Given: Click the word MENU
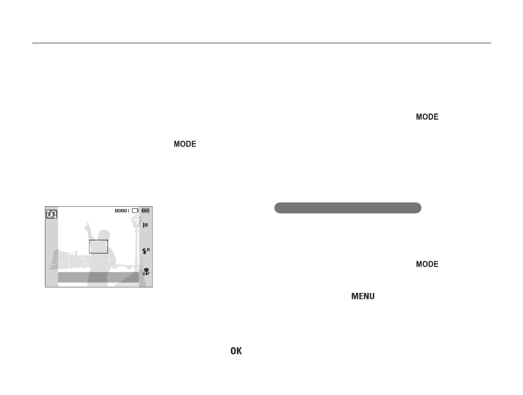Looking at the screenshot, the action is [363, 296].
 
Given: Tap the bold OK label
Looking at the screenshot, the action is [236, 351].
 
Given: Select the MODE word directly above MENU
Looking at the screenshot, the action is [427, 264].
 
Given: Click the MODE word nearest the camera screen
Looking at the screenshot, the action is [185, 144].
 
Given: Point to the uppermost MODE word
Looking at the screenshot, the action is [427, 116].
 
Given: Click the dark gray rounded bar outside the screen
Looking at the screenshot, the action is [348, 208].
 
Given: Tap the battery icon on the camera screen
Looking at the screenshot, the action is [145, 211].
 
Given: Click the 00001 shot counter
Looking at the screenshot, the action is [122, 211].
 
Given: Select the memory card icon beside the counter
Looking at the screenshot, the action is [135, 211].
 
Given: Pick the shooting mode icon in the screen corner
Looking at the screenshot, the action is [52, 214].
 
